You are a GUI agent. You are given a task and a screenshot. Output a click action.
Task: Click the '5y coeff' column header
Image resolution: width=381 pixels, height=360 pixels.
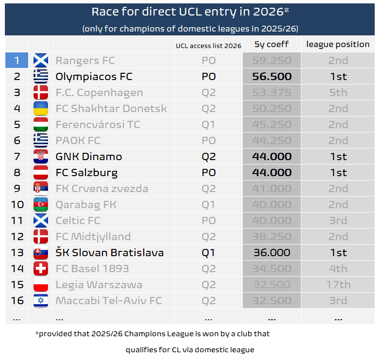[x=271, y=45]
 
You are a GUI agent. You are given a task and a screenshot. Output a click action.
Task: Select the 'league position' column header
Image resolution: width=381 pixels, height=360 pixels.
[x=338, y=45]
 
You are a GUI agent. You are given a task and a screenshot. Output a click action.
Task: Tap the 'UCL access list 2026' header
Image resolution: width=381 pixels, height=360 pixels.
[x=208, y=46]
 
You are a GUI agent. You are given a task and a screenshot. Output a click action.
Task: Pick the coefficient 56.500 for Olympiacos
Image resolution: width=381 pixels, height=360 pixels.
[x=272, y=77]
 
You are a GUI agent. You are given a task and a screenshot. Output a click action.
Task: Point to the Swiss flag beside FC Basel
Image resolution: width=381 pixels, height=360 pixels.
[x=41, y=269]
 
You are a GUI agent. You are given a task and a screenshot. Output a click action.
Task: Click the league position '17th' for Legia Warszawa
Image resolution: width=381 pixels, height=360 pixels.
[x=338, y=285]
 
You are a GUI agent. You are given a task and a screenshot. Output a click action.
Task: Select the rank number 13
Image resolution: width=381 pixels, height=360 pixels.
[x=17, y=253]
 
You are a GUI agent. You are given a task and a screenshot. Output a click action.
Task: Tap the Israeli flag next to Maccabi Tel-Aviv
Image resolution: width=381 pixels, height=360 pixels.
[x=41, y=301]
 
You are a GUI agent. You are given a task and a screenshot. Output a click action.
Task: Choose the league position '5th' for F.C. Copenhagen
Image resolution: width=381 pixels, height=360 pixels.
[x=338, y=93]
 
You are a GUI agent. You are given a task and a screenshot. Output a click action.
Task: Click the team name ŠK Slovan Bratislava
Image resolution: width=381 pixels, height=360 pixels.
[x=109, y=253]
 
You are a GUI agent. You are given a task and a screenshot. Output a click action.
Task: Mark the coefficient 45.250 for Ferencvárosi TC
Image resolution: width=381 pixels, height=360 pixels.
[x=272, y=125]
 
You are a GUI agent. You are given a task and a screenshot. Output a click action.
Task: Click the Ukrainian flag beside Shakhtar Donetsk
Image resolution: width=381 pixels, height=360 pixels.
[x=41, y=109]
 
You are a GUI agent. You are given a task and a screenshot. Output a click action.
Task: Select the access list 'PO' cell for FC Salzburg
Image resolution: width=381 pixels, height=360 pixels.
[x=208, y=173]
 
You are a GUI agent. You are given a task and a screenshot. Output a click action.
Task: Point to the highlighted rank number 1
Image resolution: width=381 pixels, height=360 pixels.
[x=17, y=61]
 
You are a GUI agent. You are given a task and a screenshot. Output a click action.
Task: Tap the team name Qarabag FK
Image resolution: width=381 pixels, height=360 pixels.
[x=86, y=205]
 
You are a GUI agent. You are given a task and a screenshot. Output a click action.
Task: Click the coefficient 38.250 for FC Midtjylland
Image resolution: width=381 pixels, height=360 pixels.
[x=272, y=237]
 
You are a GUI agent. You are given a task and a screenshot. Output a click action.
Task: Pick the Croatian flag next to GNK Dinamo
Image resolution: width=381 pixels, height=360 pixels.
[x=41, y=157]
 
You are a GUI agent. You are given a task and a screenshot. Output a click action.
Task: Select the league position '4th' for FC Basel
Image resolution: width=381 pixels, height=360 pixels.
[x=338, y=269]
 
